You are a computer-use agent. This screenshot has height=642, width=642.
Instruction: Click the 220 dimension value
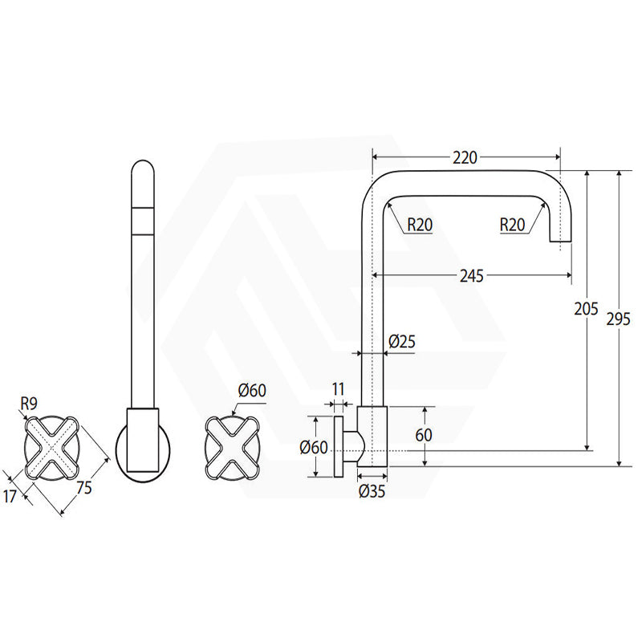(x=465, y=157)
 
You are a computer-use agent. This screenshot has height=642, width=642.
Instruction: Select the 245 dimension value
(x=472, y=276)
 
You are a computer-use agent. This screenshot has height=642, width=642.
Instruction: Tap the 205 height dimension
(x=586, y=309)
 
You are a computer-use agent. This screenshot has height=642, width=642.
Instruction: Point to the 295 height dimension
(x=618, y=319)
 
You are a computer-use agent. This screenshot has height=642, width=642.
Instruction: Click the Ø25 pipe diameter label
(x=402, y=341)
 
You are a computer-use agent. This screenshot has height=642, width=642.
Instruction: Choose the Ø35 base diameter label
(x=372, y=491)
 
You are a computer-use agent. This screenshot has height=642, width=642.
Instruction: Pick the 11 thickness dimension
(x=338, y=389)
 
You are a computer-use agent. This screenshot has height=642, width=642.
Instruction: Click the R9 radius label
(x=29, y=404)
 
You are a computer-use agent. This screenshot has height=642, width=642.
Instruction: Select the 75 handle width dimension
(x=84, y=488)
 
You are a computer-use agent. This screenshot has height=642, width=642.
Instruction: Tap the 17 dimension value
(x=10, y=497)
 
